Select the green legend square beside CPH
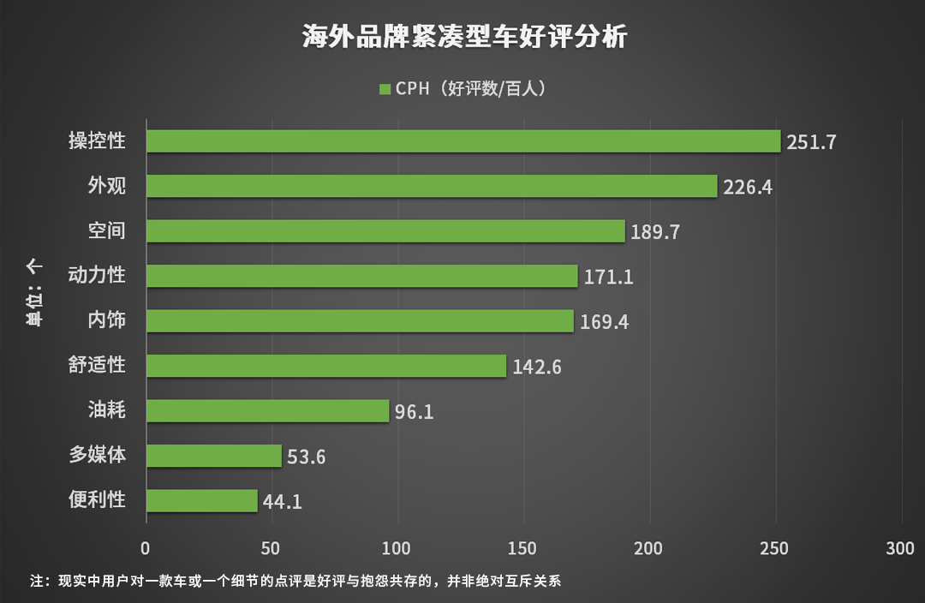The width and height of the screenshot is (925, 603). [385, 89]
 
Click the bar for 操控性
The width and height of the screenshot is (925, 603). [463, 141]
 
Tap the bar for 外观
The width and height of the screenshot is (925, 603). [432, 186]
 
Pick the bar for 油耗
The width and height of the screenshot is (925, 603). [268, 410]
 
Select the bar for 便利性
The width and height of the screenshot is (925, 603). [202, 500]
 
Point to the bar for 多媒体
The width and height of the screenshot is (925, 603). [214, 456]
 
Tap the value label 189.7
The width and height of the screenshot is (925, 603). [654, 232]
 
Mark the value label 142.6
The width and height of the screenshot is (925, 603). [537, 367]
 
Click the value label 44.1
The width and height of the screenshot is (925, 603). [282, 502]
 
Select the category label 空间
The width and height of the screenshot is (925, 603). [107, 230]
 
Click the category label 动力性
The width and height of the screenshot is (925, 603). [98, 275]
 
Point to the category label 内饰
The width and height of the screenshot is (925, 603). [107, 320]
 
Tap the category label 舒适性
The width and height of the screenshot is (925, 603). [98, 365]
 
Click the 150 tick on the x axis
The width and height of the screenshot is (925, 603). [523, 549]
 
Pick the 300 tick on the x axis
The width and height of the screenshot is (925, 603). [901, 549]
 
